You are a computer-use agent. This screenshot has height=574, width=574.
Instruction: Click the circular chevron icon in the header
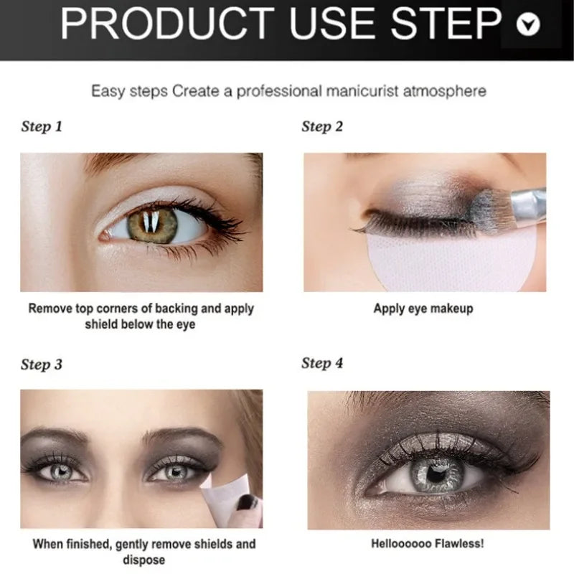pyautogui.click(x=529, y=25)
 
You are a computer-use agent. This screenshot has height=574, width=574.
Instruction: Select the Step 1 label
pyautogui.click(x=42, y=127)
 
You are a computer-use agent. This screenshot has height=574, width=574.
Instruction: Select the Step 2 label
pyautogui.click(x=322, y=127)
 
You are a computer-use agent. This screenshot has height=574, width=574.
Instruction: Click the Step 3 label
pyautogui.click(x=42, y=364)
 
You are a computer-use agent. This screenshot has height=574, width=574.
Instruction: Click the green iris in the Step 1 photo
pyautogui.click(x=152, y=222)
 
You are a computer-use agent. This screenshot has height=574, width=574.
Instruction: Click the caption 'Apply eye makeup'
pyautogui.click(x=423, y=309)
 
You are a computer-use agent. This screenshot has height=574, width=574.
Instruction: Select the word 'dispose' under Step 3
pyautogui.click(x=144, y=560)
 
